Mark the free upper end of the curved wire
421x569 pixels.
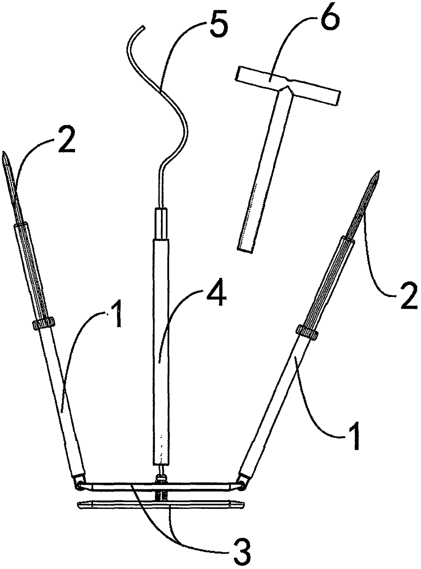(x=144, y=26)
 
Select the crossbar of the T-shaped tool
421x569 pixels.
(x=289, y=85)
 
